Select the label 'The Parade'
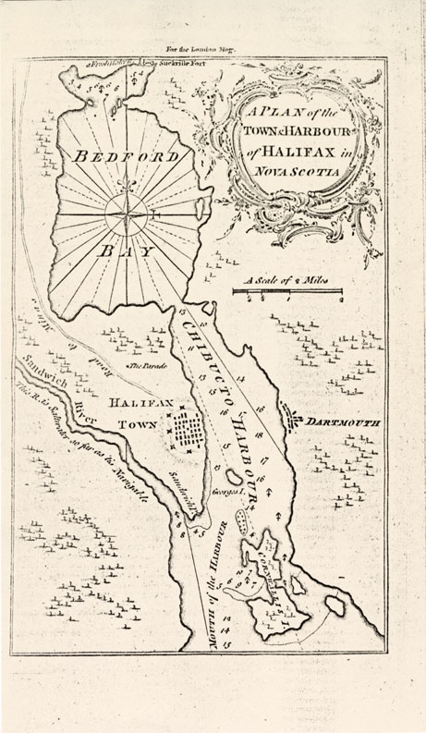[x=147, y=367]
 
